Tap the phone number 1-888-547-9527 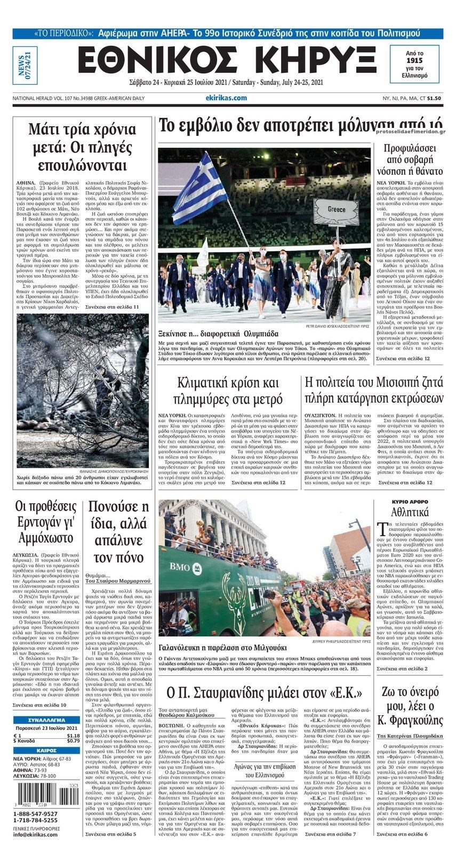(x=36, y=814)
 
